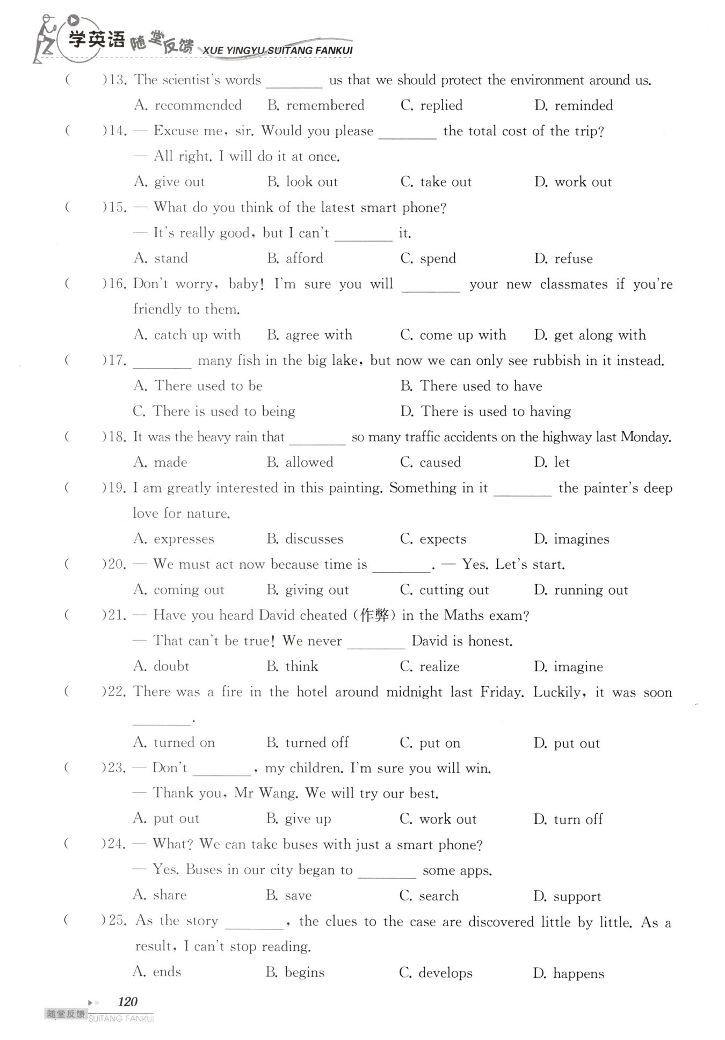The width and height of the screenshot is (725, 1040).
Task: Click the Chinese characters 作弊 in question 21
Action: click(x=374, y=615)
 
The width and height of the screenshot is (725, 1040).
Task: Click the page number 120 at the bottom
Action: click(x=127, y=1001)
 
